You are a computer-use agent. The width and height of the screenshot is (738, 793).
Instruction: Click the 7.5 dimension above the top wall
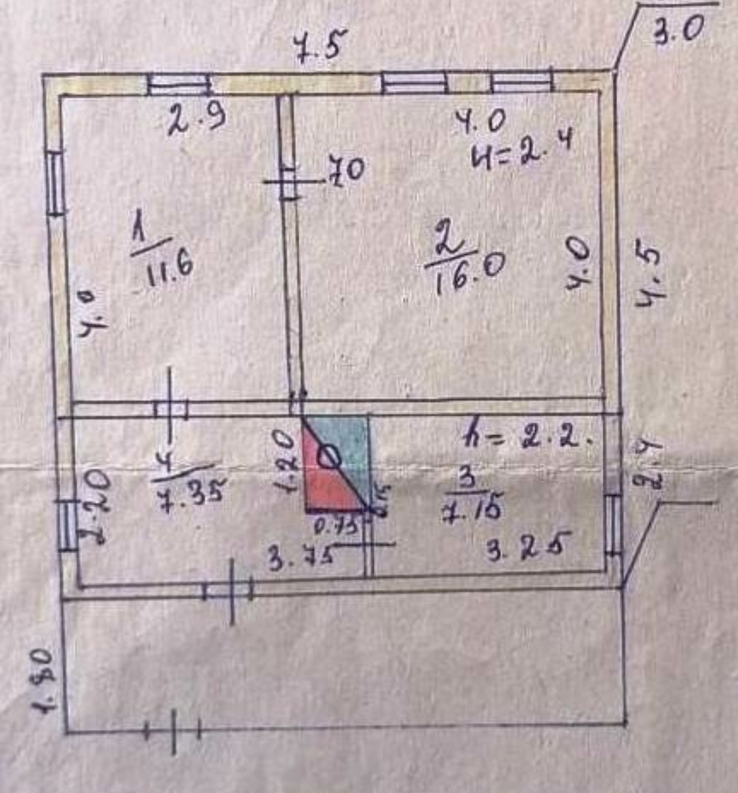coord(320,46)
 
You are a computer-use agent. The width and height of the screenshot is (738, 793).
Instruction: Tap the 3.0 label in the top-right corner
coord(678,30)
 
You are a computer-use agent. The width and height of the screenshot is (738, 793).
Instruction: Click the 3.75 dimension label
coord(301,558)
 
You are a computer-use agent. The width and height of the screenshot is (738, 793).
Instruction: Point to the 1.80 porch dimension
coord(42,680)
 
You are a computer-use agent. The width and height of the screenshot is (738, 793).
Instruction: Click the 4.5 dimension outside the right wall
coord(648,276)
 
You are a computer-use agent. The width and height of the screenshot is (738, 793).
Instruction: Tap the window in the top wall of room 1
coord(179,84)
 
